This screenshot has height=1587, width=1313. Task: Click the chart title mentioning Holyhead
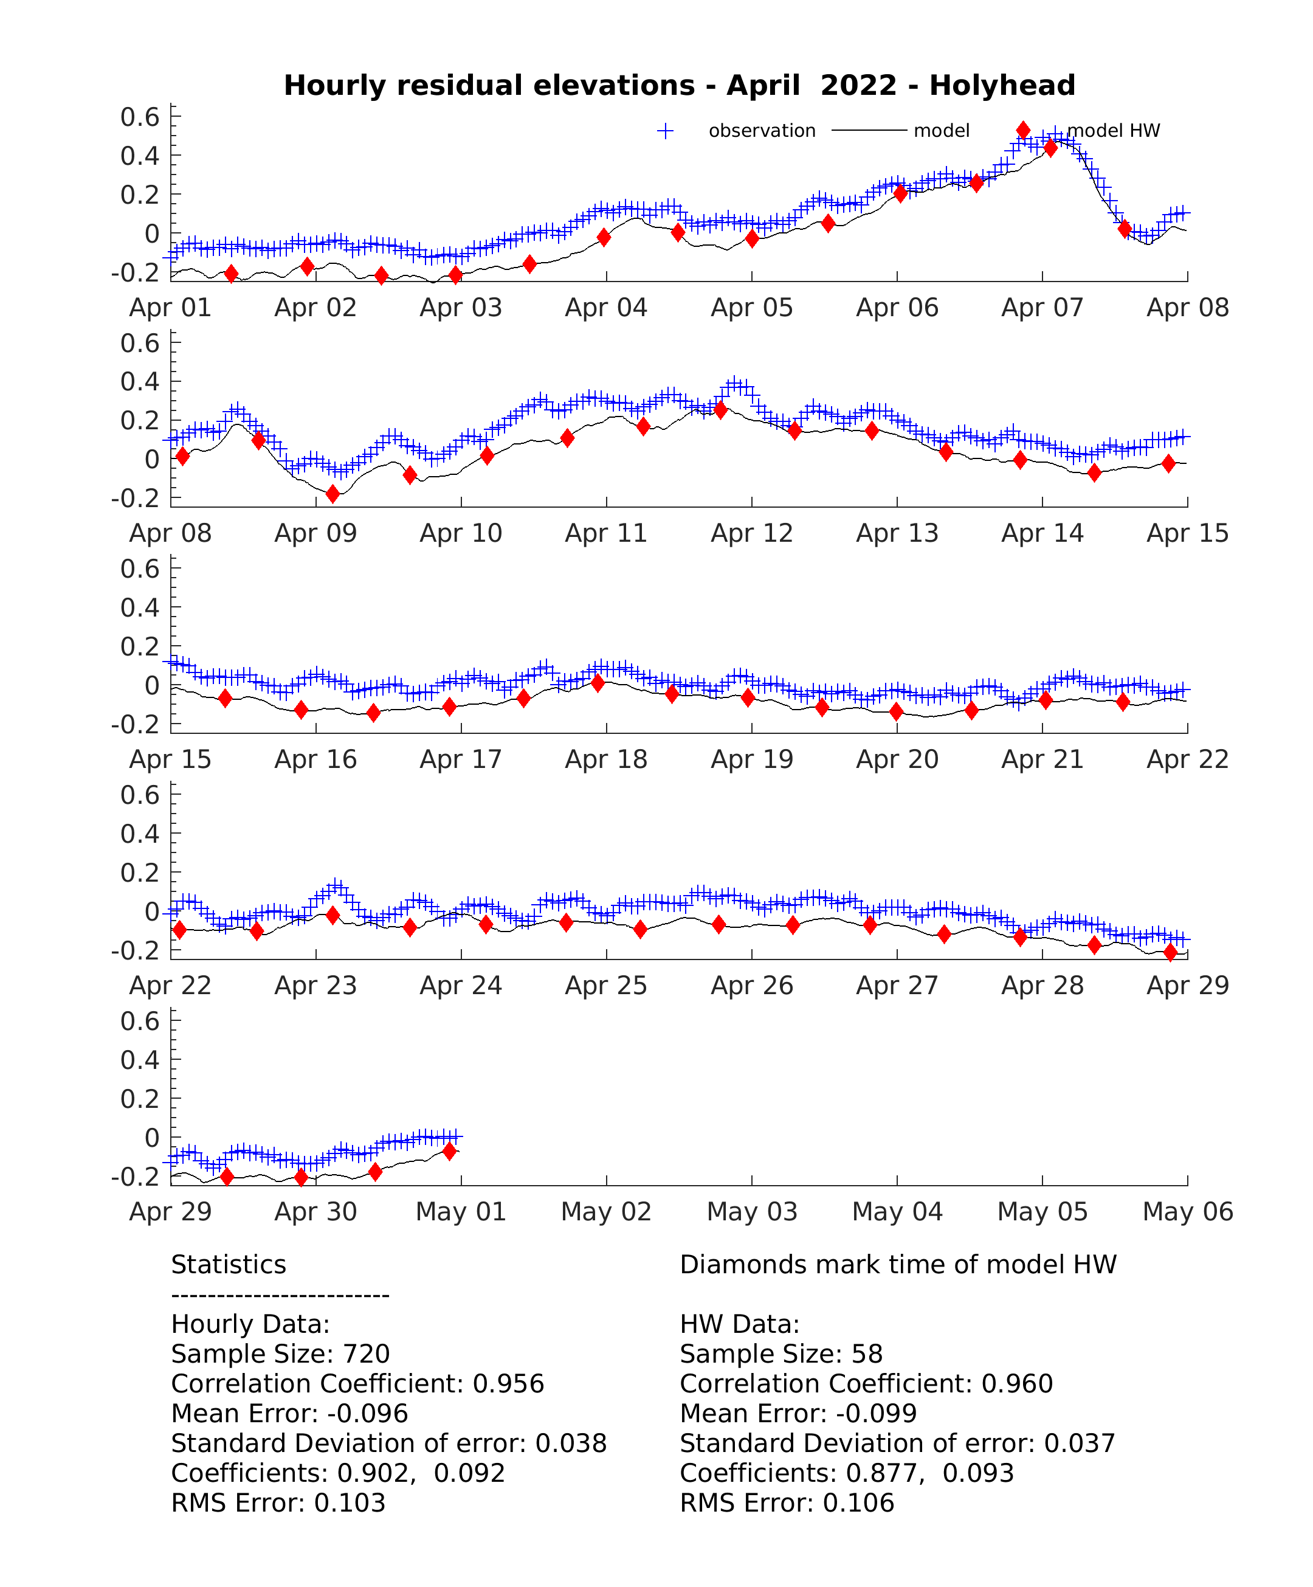pyautogui.click(x=679, y=85)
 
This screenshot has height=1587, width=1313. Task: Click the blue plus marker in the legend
pyautogui.click(x=665, y=131)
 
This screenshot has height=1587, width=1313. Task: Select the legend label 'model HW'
pyautogui.click(x=1113, y=131)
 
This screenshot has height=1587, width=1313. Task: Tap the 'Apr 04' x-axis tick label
pyautogui.click(x=606, y=308)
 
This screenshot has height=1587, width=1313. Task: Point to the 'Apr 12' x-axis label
pyautogui.click(x=752, y=533)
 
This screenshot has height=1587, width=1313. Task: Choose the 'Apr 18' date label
pyautogui.click(x=606, y=759)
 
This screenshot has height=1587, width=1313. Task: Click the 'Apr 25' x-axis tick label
pyautogui.click(x=606, y=986)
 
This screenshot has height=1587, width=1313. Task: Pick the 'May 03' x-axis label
pyautogui.click(x=752, y=1211)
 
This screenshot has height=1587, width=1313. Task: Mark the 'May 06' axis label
pyautogui.click(x=1188, y=1211)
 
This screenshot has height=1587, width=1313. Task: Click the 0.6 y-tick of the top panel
pyautogui.click(x=140, y=117)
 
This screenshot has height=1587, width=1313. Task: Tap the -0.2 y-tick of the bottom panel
pyautogui.click(x=136, y=1176)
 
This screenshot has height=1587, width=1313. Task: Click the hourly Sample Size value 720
pyautogui.click(x=367, y=1354)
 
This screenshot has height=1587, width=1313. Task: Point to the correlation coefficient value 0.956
pyautogui.click(x=508, y=1384)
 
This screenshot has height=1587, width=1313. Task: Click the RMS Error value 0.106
pyautogui.click(x=858, y=1503)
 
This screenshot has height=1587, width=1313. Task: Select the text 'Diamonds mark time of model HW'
pyautogui.click(x=898, y=1264)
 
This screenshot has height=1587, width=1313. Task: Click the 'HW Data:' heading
pyautogui.click(x=740, y=1324)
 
